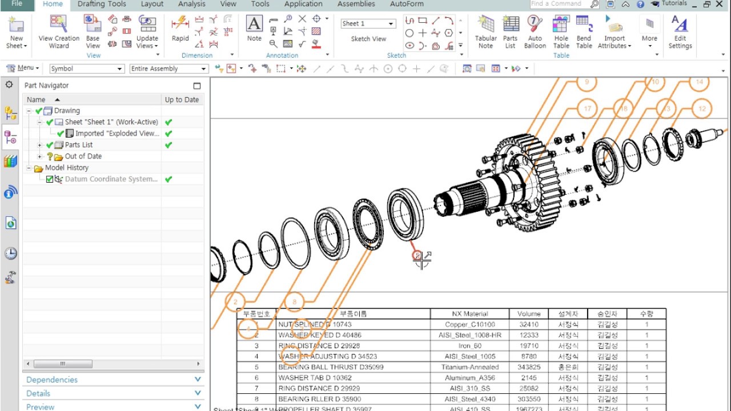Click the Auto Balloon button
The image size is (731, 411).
pyautogui.click(x=535, y=32)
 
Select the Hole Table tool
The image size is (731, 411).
pyautogui.click(x=561, y=32)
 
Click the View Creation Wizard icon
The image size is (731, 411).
pyautogui.click(x=59, y=32)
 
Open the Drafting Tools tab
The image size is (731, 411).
pyautogui.click(x=102, y=4)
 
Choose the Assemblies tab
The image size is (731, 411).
pyautogui.click(x=356, y=4)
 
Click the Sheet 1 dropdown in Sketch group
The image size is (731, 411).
pyautogui.click(x=368, y=23)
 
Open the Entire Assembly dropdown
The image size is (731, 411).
pyautogui.click(x=168, y=68)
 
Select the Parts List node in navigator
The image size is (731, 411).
pyautogui.click(x=78, y=145)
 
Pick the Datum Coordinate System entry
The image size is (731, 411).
pyautogui.click(x=111, y=179)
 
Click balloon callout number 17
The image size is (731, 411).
pyautogui.click(x=587, y=108)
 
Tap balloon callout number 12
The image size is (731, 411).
pyautogui.click(x=702, y=108)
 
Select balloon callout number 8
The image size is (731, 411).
pyautogui.click(x=294, y=302)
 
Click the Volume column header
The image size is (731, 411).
pyautogui.click(x=529, y=313)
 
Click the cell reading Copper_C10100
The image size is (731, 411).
pyautogui.click(x=470, y=324)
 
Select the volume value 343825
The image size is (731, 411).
pyautogui.click(x=529, y=367)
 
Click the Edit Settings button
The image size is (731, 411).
pyautogui.click(x=680, y=32)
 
